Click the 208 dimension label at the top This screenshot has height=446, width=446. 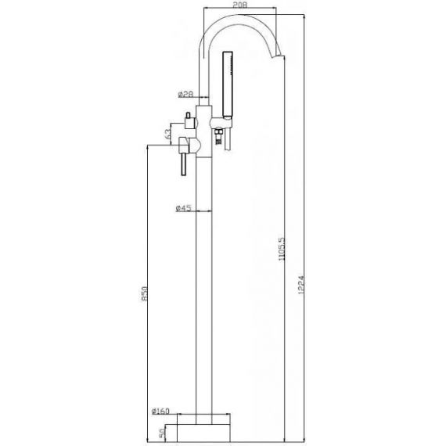tap(240, 5)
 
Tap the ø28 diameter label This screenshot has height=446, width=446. tap(185, 94)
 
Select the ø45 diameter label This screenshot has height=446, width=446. tap(183, 208)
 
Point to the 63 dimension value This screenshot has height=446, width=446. tap(167, 133)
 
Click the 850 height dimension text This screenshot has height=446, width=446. tap(145, 293)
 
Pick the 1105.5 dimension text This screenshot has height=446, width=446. tap(282, 250)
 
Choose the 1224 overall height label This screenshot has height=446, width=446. tap(301, 285)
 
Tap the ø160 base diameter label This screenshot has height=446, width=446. tap(160, 411)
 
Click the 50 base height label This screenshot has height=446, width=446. tap(161, 433)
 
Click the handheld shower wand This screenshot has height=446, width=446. tap(228, 85)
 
